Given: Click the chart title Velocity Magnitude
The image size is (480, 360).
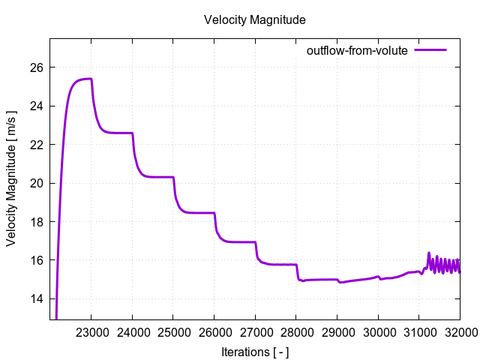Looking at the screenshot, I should click(254, 20).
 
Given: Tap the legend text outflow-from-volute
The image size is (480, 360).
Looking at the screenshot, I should click(356, 51).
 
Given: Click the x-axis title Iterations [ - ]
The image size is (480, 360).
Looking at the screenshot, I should click(255, 351).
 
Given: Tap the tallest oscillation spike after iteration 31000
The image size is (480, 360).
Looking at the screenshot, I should click(429, 253).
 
